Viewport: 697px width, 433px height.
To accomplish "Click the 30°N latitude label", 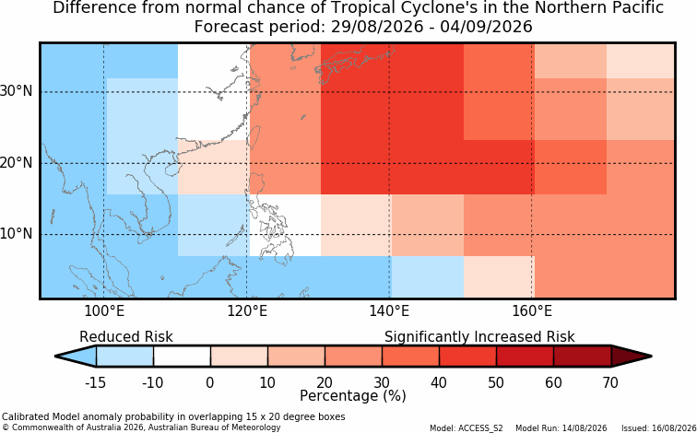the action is tap(17, 91).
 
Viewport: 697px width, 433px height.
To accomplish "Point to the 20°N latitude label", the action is tap(17, 162).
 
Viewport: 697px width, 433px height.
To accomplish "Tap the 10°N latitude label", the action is tap(17, 233).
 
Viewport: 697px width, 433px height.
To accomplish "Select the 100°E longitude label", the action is tap(104, 311).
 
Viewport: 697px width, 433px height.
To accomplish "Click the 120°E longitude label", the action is tap(247, 311).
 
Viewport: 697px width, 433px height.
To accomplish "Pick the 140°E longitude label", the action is tap(389, 311).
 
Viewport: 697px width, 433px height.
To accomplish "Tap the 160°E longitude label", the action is tap(532, 311).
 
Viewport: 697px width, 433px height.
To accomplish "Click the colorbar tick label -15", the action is tap(95, 382).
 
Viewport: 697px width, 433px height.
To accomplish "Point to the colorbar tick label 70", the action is tap(610, 382).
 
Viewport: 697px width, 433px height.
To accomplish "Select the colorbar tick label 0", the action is tap(210, 382).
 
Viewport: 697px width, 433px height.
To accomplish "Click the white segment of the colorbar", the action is tap(182, 357).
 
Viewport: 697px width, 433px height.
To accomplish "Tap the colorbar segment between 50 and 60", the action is tap(525, 357).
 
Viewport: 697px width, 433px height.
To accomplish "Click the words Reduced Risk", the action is tap(126, 337).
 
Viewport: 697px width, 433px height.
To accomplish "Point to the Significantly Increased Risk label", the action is tap(479, 337).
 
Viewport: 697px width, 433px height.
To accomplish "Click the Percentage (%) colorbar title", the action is tap(353, 396).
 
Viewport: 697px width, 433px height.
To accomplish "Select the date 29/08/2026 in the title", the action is tap(377, 27).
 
